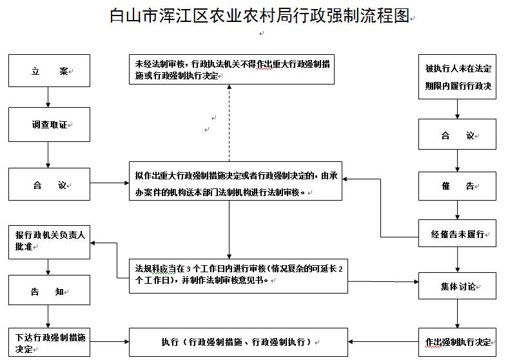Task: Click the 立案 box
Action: point(49,71)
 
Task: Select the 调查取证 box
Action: point(49,125)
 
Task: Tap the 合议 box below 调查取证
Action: point(49,185)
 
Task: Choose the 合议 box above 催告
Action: point(458,135)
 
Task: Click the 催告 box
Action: point(458,186)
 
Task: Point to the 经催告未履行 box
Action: point(458,233)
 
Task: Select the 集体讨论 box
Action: point(458,286)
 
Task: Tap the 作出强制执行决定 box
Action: point(458,341)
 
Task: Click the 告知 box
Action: point(49,290)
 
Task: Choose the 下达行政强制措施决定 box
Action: point(49,342)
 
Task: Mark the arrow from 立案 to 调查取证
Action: point(49,97)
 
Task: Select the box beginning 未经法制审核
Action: point(231,70)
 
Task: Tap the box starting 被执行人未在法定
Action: point(458,76)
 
